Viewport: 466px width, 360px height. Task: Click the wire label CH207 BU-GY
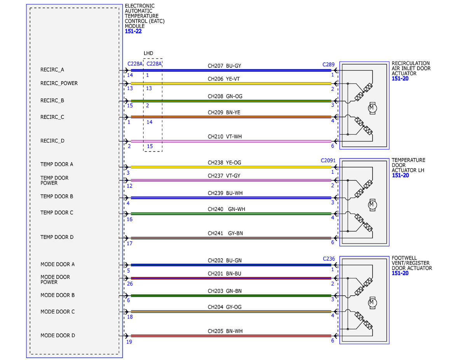click(x=224, y=66)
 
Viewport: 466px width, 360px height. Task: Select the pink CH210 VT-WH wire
click(x=231, y=141)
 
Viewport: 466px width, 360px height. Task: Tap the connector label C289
click(x=328, y=64)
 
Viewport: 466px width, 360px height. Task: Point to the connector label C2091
click(x=328, y=160)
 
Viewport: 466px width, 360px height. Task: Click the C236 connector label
click(x=329, y=259)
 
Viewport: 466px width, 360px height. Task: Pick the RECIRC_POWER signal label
click(x=59, y=83)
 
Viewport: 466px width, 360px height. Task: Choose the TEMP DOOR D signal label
click(x=57, y=237)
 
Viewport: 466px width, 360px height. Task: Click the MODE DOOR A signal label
click(x=57, y=264)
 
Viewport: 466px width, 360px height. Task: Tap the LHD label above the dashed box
click(x=148, y=53)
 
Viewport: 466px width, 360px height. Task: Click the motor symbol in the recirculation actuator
click(x=372, y=108)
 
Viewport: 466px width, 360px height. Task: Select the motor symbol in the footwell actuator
click(x=372, y=303)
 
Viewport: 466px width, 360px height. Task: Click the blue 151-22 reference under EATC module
click(x=133, y=31)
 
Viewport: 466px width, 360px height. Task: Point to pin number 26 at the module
click(x=130, y=283)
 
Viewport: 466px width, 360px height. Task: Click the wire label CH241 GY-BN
click(x=225, y=233)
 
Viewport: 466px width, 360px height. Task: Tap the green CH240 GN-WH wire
click(x=231, y=214)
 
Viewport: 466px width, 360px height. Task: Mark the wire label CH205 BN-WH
click(x=225, y=331)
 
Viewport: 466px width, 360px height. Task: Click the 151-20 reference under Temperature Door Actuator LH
click(x=400, y=176)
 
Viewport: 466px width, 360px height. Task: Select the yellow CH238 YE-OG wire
click(x=231, y=167)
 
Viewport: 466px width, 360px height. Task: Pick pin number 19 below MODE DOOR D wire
click(x=129, y=342)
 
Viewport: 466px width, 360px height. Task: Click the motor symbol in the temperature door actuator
click(x=372, y=205)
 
